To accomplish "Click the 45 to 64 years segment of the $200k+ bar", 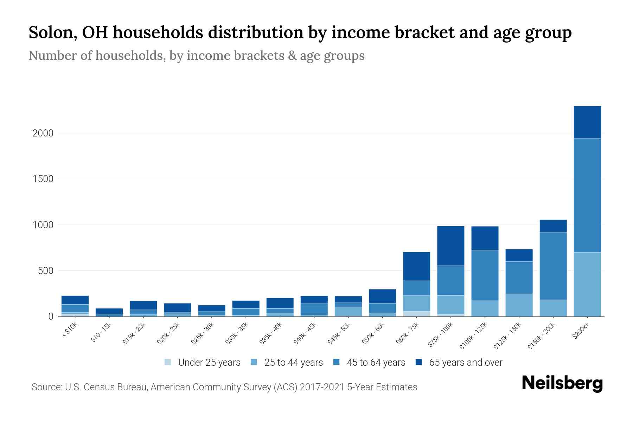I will pos(587,195).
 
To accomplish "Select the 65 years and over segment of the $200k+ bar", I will pos(587,122).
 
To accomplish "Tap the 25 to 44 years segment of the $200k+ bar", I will pos(587,284).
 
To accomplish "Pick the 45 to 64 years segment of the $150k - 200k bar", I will pos(553,266).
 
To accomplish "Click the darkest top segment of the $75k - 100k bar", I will pos(450,245).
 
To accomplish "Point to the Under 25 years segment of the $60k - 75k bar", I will pos(416,314).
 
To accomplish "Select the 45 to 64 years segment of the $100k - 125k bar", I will pos(485,275).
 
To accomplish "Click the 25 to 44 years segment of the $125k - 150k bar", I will pos(519,305).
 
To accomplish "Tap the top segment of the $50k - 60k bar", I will pos(382,296).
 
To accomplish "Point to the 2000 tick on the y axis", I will pos(43,133).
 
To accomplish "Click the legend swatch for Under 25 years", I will pos(168,362).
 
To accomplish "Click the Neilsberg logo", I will pos(562,383).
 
